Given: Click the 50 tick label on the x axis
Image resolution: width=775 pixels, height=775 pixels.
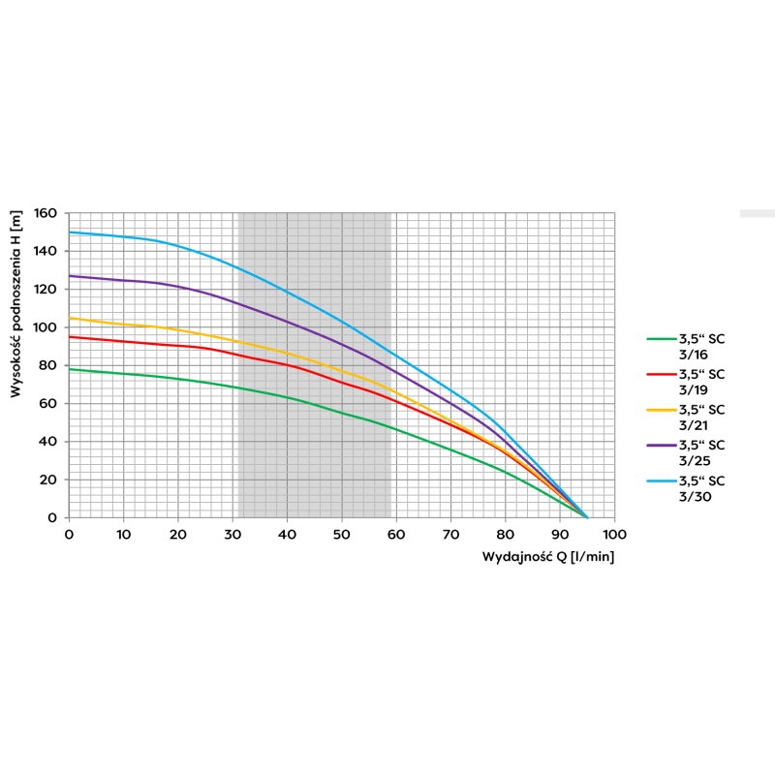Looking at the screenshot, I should [x=341, y=534].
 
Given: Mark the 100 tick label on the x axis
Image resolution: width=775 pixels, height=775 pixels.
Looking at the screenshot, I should [x=614, y=534].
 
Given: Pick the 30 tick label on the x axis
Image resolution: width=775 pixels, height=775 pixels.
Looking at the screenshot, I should [x=232, y=534].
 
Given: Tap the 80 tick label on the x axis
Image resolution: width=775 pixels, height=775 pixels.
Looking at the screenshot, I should [x=505, y=534].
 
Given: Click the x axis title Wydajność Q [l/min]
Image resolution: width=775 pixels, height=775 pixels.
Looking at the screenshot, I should [x=548, y=557].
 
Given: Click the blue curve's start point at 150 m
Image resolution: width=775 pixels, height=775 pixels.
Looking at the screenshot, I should [x=69, y=232].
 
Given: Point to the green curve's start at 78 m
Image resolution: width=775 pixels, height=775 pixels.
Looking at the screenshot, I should [x=69, y=369].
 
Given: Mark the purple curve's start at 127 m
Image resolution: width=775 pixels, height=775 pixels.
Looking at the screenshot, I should [x=69, y=276].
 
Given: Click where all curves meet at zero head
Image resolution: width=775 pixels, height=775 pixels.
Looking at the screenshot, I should [x=587, y=517].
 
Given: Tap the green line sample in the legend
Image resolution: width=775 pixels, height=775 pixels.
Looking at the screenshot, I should [x=661, y=339].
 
